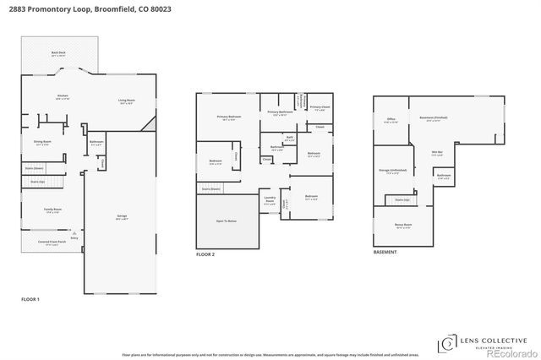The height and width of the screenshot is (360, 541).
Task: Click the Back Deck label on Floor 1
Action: (x=58, y=53)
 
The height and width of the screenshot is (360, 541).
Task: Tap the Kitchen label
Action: (x=62, y=97)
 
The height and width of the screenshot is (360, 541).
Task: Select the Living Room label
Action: (x=126, y=101)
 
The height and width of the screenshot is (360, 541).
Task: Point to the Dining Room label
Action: (x=42, y=142)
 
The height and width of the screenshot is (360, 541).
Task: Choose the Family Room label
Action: (x=41, y=210)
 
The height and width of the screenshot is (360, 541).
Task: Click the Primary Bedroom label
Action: (x=229, y=117)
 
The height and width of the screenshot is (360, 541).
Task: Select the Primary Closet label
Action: (x=320, y=108)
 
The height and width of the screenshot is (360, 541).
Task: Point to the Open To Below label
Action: (x=227, y=221)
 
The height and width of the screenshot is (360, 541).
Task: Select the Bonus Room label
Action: (x=403, y=226)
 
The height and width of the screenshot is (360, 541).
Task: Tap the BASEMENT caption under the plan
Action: (x=385, y=252)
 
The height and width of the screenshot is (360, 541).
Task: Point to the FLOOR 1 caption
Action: (x=30, y=299)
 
